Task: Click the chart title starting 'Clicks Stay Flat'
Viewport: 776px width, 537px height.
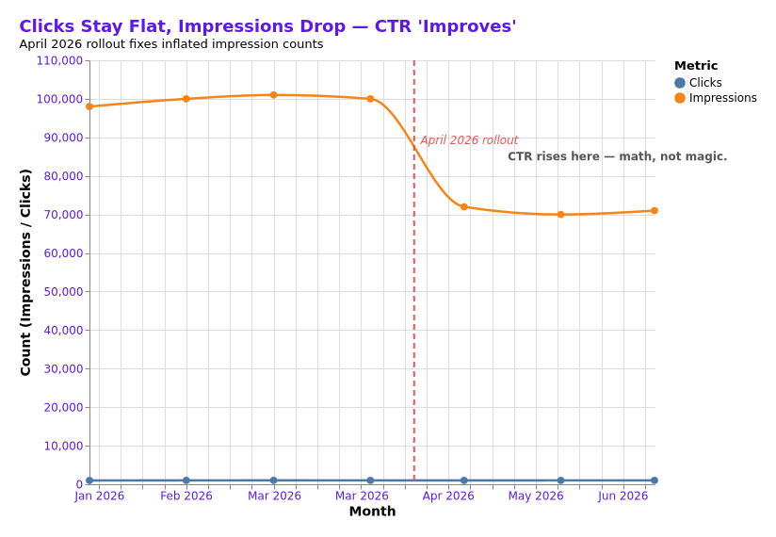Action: point(267,26)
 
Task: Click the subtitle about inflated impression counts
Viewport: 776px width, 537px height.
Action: point(170,44)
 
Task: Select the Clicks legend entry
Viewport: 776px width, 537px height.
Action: point(704,83)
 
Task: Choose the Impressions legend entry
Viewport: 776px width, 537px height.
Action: point(721,98)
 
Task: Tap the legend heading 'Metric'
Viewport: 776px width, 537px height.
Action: point(695,66)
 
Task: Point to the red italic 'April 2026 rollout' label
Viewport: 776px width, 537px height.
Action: point(468,140)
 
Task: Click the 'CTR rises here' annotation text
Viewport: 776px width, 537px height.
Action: point(617,156)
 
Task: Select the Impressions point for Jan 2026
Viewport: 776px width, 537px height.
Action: point(89,106)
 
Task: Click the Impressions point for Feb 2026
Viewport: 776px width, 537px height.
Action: point(186,99)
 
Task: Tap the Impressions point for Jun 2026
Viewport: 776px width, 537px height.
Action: point(654,211)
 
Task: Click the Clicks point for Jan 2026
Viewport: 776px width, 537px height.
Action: point(89,480)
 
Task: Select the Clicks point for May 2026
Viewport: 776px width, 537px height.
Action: point(560,480)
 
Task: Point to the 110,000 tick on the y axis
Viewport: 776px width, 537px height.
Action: point(59,60)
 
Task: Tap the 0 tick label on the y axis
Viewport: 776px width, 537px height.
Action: point(79,484)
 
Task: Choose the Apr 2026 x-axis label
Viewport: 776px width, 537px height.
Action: point(448,496)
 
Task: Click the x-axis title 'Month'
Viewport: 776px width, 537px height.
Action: point(372,512)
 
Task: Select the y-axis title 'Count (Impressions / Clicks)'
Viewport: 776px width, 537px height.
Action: point(26,272)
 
